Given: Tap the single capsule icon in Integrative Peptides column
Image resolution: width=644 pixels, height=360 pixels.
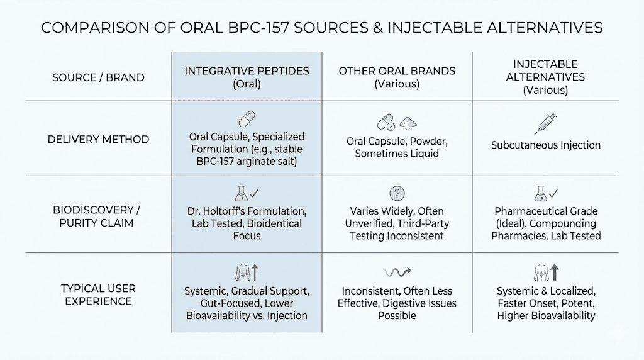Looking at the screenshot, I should click(246, 120).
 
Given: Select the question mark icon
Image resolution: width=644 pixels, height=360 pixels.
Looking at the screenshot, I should click(397, 193).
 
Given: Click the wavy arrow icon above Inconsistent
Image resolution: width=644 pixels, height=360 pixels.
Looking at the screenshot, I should click(396, 272).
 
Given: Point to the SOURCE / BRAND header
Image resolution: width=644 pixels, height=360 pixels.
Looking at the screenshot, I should click(98, 78).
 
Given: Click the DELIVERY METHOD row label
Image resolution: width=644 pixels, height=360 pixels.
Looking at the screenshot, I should click(98, 139).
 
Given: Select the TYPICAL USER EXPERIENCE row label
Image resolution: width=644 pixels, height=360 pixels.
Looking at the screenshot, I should click(98, 295).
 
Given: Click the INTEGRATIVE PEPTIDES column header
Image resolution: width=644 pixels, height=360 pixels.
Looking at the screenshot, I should click(247, 70).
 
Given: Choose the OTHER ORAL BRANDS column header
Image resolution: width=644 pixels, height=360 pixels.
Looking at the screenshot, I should click(397, 70).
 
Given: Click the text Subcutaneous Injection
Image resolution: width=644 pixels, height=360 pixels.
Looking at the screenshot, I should click(545, 145).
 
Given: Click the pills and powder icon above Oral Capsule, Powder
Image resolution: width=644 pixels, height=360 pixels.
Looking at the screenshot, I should click(397, 121).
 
